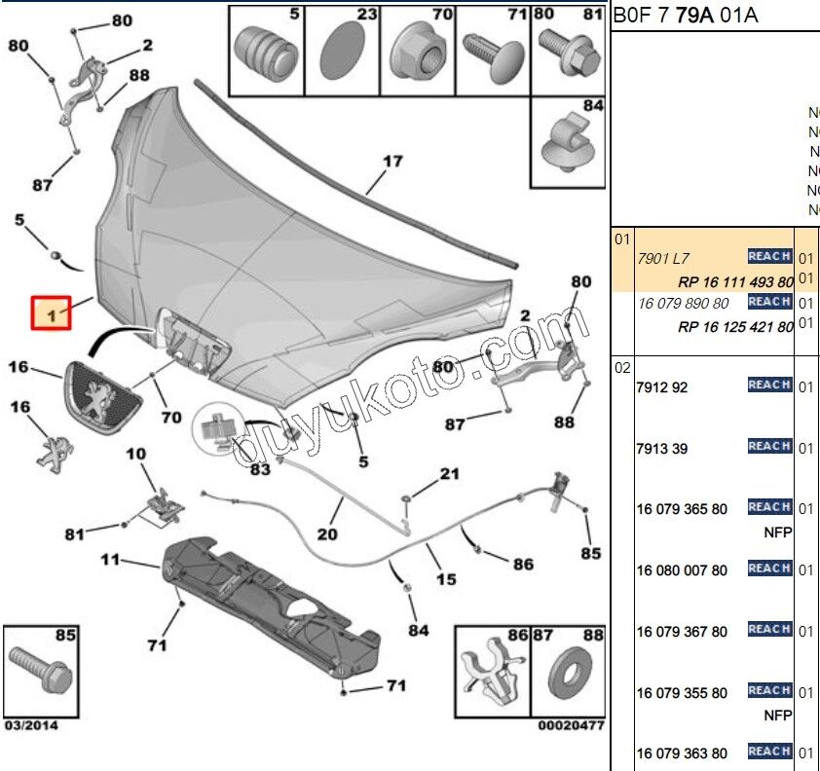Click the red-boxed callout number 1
(51, 314)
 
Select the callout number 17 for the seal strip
(391, 162)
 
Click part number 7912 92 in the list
(662, 387)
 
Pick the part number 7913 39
(662, 449)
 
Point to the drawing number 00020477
(571, 725)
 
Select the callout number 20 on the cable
(326, 533)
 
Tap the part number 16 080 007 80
(682, 570)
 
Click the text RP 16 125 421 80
(735, 327)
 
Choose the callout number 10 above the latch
(135, 454)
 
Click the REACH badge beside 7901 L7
(768, 256)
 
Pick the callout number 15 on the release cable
(445, 579)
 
